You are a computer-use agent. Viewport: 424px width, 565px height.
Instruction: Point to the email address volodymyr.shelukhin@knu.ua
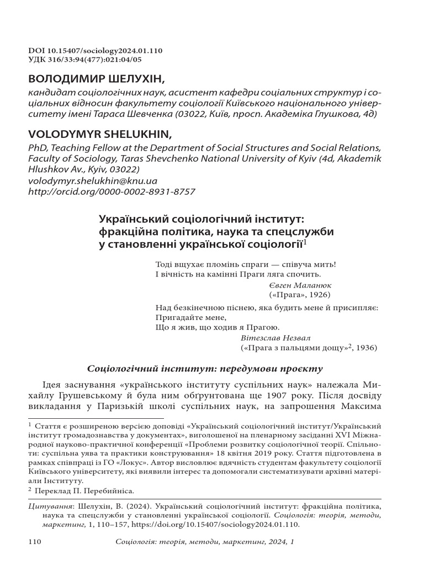[x=84, y=181]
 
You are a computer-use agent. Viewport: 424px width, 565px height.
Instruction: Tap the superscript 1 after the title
[x=305, y=241]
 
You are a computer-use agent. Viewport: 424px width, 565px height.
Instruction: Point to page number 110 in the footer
[x=35, y=543]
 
